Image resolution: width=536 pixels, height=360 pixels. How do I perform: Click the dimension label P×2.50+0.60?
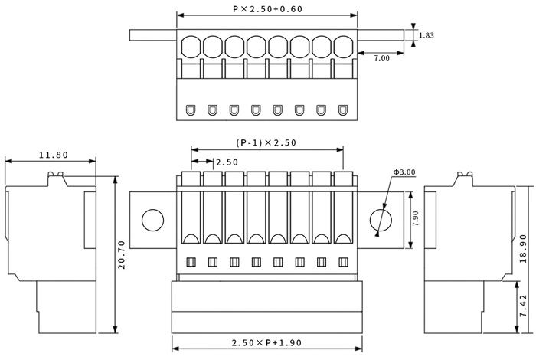point(268,9)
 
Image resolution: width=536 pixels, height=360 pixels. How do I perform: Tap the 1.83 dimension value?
point(427,35)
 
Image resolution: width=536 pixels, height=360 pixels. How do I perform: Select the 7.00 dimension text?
point(381,58)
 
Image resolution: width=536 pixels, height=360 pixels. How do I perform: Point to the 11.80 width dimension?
point(54,155)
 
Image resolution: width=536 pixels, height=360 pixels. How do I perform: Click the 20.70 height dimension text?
point(122,255)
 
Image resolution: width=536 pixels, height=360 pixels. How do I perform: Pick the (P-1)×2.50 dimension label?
point(266,142)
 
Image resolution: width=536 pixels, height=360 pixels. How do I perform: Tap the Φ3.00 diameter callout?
point(404,172)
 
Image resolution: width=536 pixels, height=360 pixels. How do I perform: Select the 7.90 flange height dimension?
point(415,219)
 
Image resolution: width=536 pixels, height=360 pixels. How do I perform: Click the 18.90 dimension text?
point(523,248)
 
